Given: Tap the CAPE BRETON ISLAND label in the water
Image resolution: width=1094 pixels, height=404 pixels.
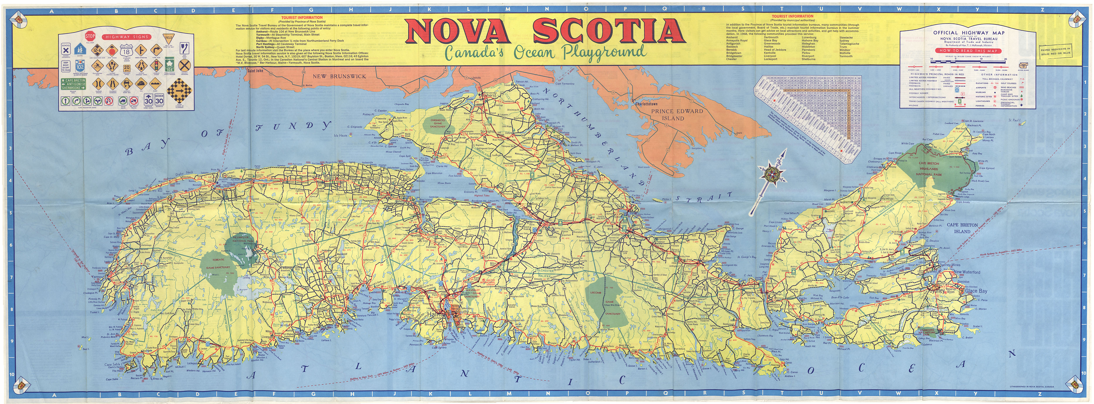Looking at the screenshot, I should [962, 228].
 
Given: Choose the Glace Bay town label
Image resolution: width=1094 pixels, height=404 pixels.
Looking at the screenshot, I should [976, 291].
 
